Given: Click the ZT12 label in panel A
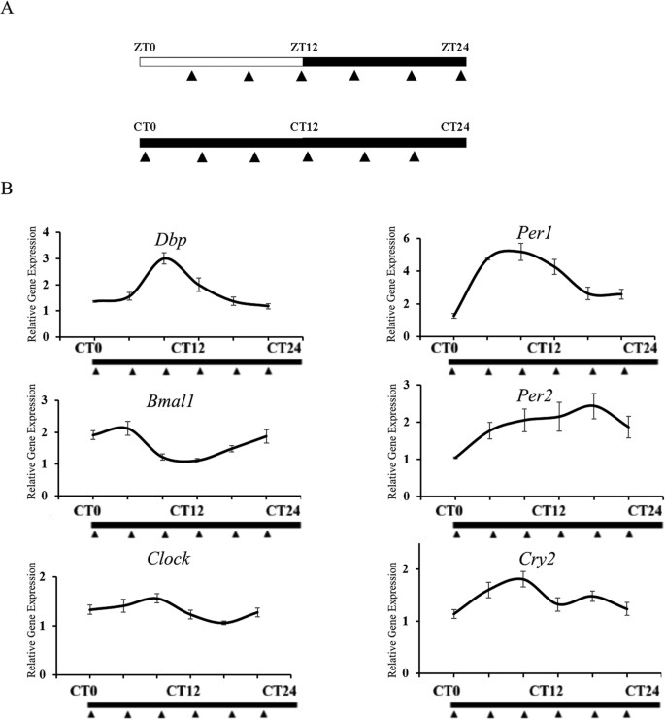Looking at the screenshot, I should point(304,46).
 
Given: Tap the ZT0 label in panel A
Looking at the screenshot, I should point(146,46).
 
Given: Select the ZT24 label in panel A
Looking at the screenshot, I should point(454,46).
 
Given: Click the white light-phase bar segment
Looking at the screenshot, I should point(221,61).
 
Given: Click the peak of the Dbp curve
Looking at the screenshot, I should point(165,257).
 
